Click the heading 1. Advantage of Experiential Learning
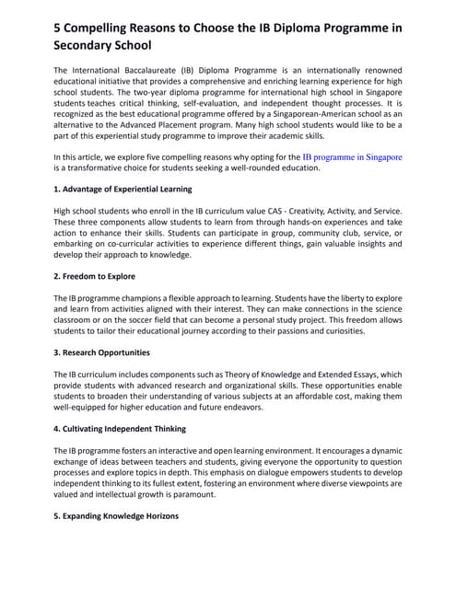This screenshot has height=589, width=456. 123,190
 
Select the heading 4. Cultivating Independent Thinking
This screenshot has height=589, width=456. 120,429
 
